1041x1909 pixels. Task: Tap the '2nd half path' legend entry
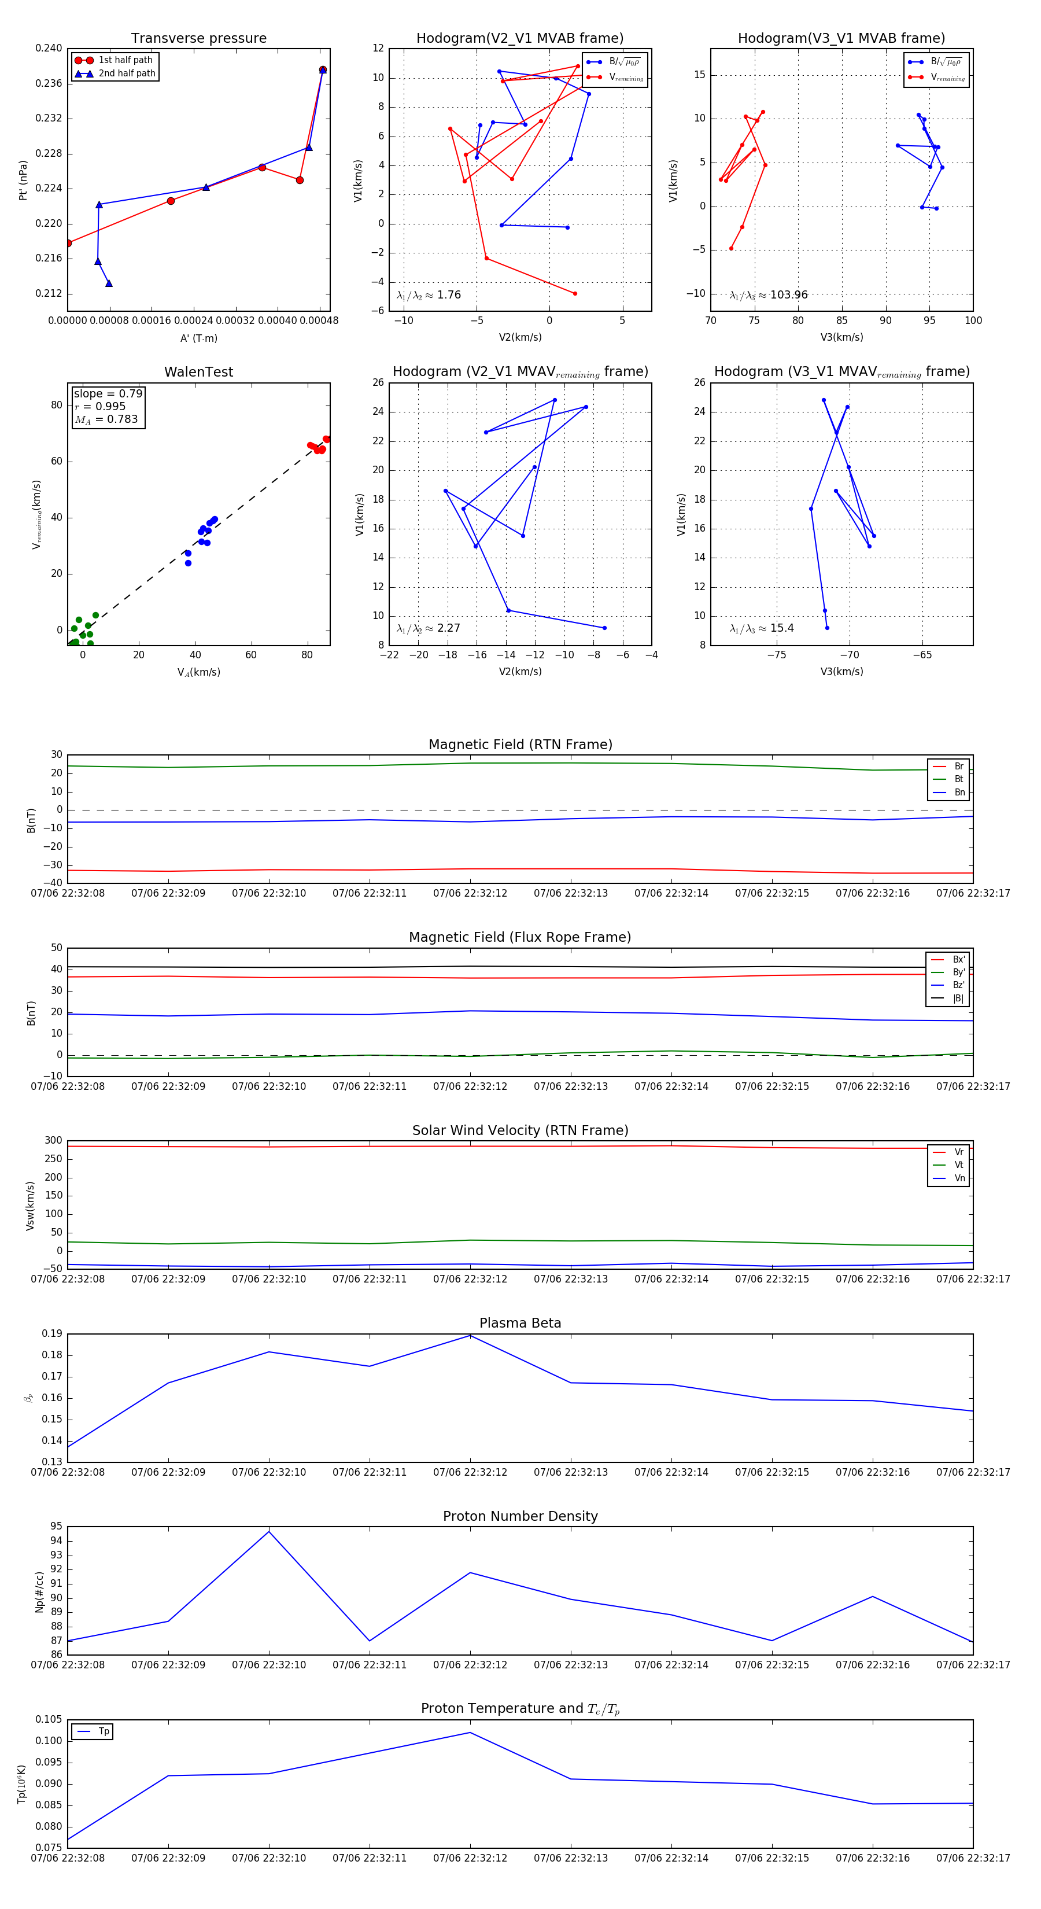click(x=127, y=73)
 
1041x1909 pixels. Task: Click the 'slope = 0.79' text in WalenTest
click(x=108, y=393)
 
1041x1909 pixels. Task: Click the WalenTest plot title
click(x=198, y=372)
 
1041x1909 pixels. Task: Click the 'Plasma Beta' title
click(x=520, y=1323)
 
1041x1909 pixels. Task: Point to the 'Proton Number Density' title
click(x=520, y=1516)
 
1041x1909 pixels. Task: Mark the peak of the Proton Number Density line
click(x=269, y=1531)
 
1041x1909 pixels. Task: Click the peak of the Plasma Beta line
click(x=470, y=1335)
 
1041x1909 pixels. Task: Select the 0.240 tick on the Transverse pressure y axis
click(x=49, y=48)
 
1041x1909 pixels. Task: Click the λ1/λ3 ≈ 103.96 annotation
click(x=769, y=295)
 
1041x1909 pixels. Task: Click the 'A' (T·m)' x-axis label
click(x=198, y=338)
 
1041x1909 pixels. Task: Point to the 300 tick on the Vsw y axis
click(x=53, y=1141)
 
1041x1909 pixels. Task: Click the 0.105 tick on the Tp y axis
click(x=49, y=1719)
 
